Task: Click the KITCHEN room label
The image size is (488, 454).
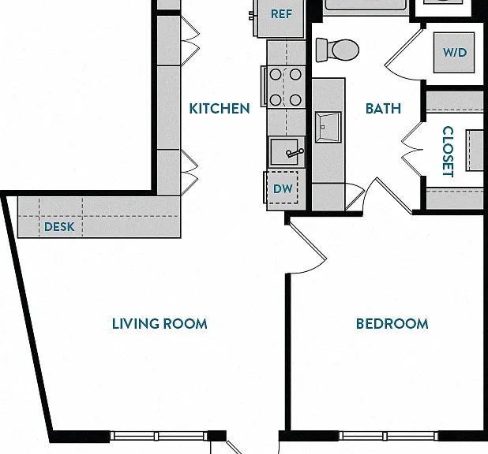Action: (x=220, y=109)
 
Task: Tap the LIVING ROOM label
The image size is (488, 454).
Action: (x=160, y=324)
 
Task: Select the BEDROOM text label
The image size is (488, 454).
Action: (x=392, y=324)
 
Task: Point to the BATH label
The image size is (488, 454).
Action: (x=383, y=109)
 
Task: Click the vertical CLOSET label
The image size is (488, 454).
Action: (x=448, y=151)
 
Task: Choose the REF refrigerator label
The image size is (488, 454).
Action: (x=281, y=14)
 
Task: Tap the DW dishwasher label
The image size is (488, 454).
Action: (x=283, y=189)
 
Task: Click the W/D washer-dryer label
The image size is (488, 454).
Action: (x=455, y=52)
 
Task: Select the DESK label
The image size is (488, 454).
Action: (x=59, y=227)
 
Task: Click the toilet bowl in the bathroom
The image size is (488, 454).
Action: (x=345, y=50)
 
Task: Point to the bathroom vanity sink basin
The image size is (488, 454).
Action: (x=328, y=128)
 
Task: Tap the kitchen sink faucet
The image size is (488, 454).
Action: (x=294, y=153)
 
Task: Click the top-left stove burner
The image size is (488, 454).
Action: (x=276, y=75)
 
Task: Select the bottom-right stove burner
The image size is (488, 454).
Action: (x=295, y=100)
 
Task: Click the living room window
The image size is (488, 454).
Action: (x=159, y=436)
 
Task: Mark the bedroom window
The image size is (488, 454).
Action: (x=388, y=436)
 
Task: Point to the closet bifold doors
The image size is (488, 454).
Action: (x=411, y=150)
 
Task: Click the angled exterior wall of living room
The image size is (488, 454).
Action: (x=28, y=317)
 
